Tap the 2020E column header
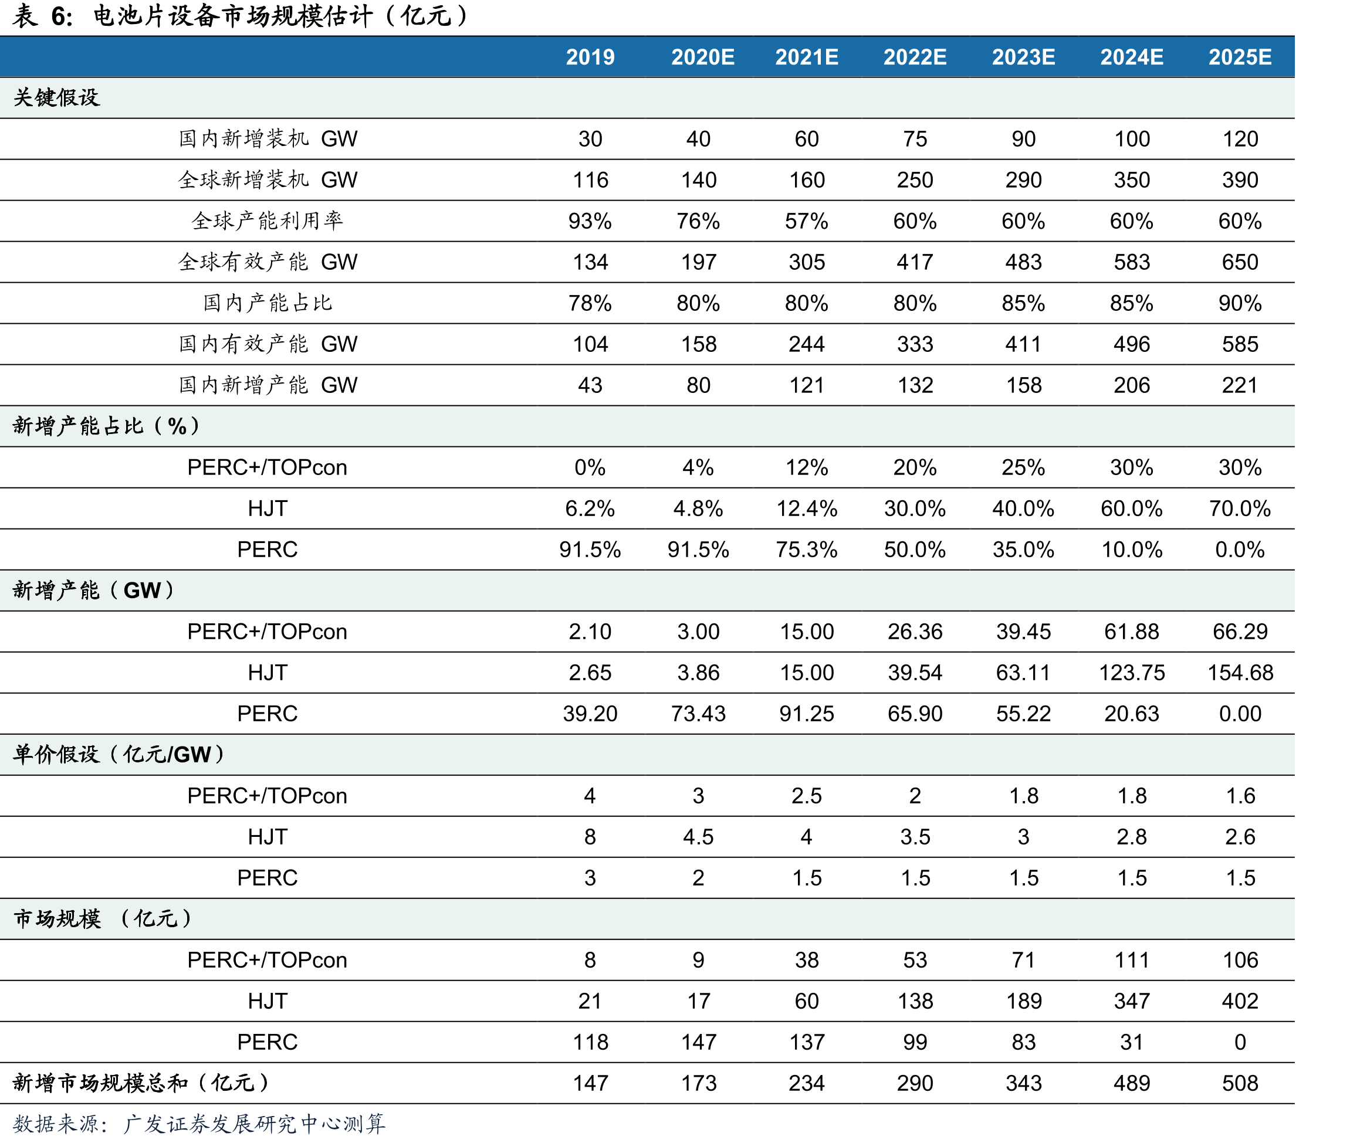[x=703, y=57]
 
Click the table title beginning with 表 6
[x=240, y=16]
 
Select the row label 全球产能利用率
[x=267, y=221]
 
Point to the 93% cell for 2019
[x=590, y=221]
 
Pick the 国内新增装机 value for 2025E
[x=1240, y=138]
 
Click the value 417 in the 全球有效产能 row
[x=915, y=262]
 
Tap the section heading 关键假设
[x=56, y=98]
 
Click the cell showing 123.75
[x=1132, y=673]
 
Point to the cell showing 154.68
[x=1240, y=673]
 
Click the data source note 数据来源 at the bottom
[x=199, y=1124]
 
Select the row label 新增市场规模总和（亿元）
[x=141, y=1083]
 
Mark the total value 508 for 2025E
[x=1240, y=1083]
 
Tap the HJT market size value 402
[x=1240, y=1001]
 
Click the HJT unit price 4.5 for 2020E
[x=698, y=836]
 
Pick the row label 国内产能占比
[x=267, y=303]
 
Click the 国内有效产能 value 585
[x=1240, y=344]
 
